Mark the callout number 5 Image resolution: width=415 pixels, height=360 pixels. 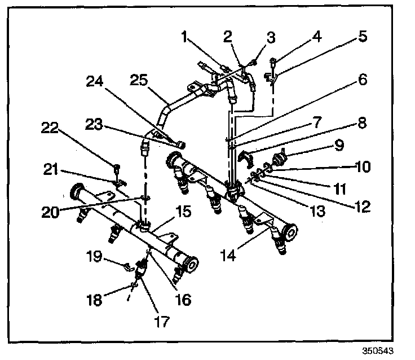362,37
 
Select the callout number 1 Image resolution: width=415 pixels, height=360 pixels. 184,38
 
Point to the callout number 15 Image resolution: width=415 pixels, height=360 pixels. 182,212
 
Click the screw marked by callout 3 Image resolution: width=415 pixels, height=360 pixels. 255,64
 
